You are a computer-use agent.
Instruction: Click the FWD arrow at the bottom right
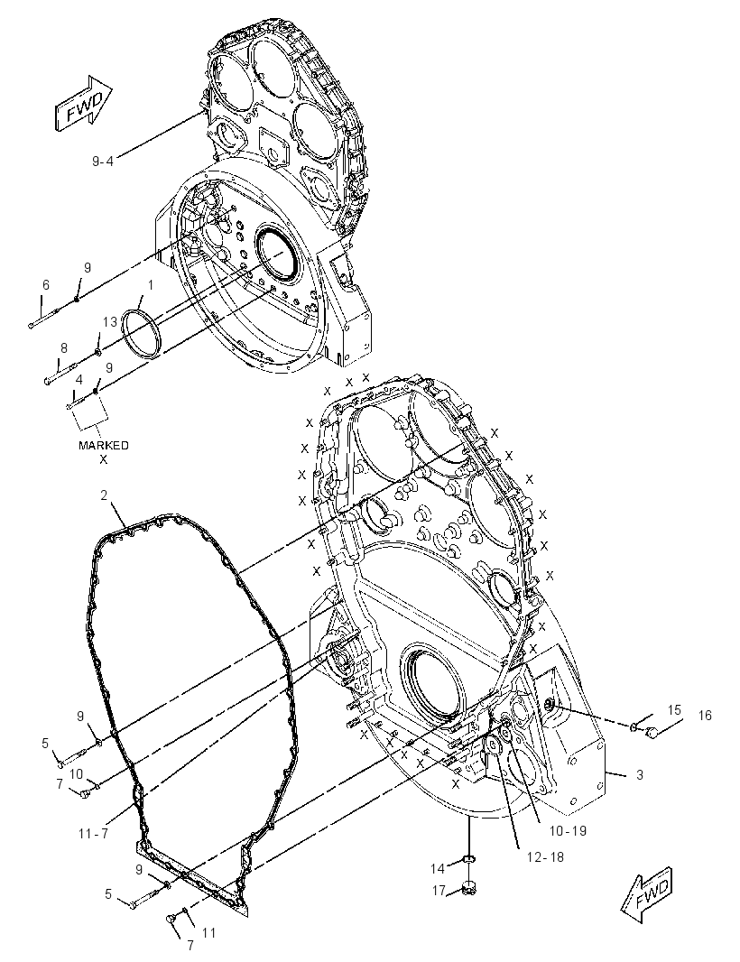[647, 894]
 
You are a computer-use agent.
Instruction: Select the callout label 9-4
[103, 162]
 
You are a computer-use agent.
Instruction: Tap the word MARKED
[103, 446]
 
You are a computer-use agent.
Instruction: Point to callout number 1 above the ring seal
[150, 284]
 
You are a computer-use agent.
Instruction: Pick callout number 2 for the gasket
[105, 495]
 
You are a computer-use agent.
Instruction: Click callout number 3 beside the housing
[639, 775]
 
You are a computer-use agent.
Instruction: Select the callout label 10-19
[568, 831]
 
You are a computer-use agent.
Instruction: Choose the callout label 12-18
[545, 857]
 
